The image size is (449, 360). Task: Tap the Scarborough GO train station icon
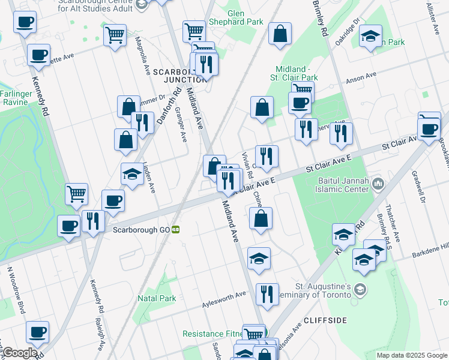[176, 229]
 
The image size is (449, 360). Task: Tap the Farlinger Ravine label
[14, 98]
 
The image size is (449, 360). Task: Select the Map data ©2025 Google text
[412, 355]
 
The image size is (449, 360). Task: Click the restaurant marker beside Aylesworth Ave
[267, 294]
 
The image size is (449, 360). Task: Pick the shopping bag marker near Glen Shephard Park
[280, 34]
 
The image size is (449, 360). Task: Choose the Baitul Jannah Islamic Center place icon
[378, 182]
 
